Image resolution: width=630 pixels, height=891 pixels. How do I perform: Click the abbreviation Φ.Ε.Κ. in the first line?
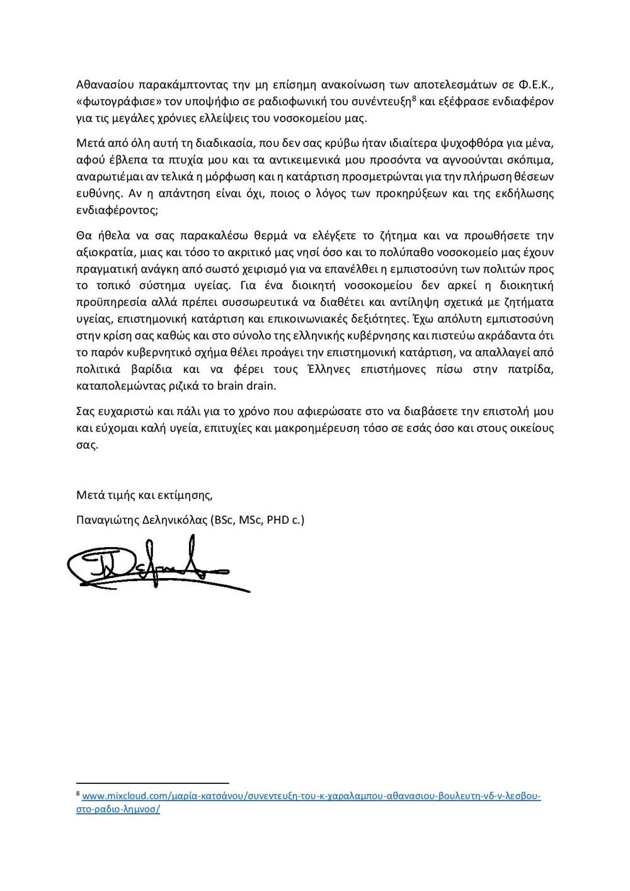[536, 84]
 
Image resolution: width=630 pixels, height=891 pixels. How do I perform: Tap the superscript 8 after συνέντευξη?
[413, 98]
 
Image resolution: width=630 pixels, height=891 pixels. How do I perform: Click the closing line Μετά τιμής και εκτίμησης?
[144, 495]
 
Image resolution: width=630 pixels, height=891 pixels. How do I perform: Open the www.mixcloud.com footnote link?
[311, 796]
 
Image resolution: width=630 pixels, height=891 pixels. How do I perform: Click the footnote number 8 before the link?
[78, 794]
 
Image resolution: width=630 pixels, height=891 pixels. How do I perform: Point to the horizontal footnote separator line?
[152, 783]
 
